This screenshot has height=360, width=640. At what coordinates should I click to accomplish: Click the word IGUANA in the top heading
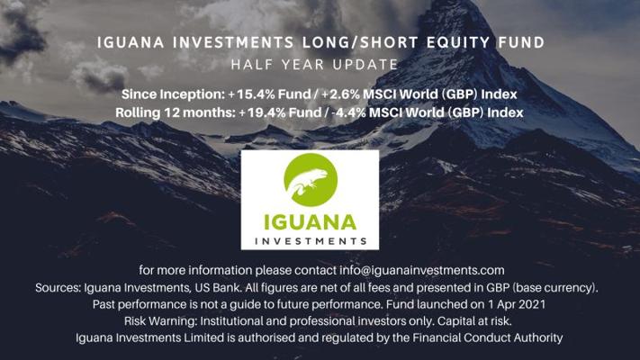coord(131,42)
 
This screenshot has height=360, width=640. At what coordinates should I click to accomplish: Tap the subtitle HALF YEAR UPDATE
coord(314,65)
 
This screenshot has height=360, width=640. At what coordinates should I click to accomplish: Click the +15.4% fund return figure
coord(250,94)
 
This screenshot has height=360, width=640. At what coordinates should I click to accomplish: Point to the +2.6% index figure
coord(340,94)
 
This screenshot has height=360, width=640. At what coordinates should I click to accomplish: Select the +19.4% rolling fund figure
coord(262,112)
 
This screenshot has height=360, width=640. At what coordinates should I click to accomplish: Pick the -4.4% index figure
coord(349,112)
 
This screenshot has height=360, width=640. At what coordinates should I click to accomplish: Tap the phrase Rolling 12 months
coord(176,112)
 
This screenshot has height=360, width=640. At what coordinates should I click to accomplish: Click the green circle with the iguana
coord(311,180)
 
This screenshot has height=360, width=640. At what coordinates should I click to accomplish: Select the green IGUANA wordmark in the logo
coord(311,222)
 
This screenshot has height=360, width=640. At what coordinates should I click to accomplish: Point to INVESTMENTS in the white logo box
coord(311,241)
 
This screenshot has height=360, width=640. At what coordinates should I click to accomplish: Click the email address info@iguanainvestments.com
coord(421,270)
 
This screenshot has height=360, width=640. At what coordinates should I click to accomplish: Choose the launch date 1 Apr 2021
coord(516,304)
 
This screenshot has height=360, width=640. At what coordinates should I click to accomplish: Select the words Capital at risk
coord(474,321)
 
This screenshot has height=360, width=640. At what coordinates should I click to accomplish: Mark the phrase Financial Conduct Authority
coord(487,338)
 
